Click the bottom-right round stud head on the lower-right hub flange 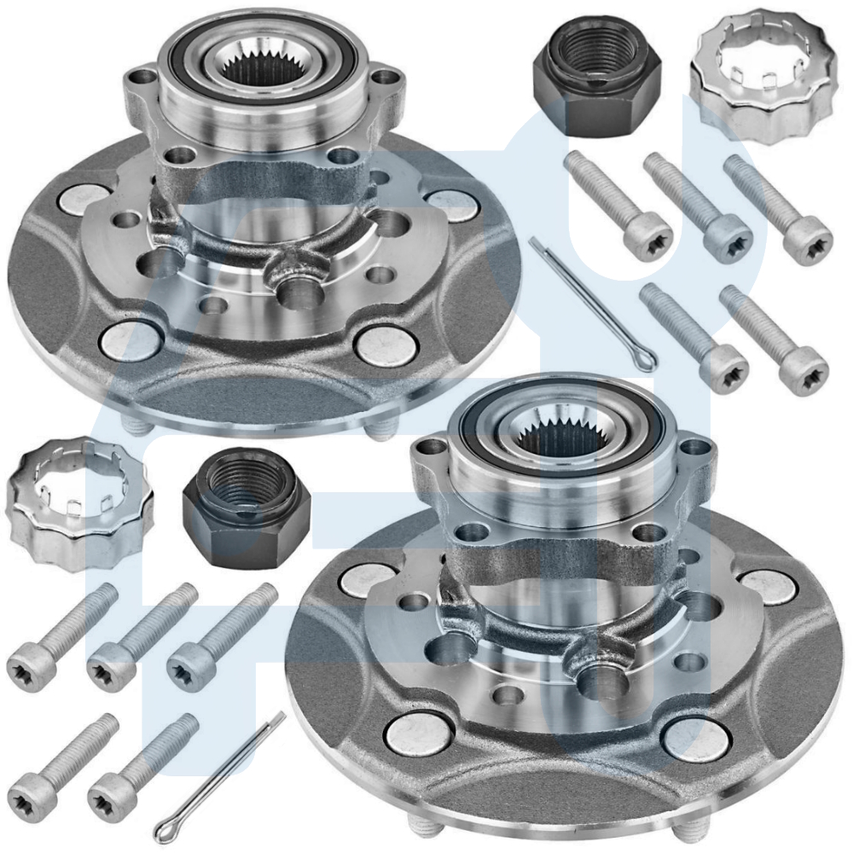tap(695, 739)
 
